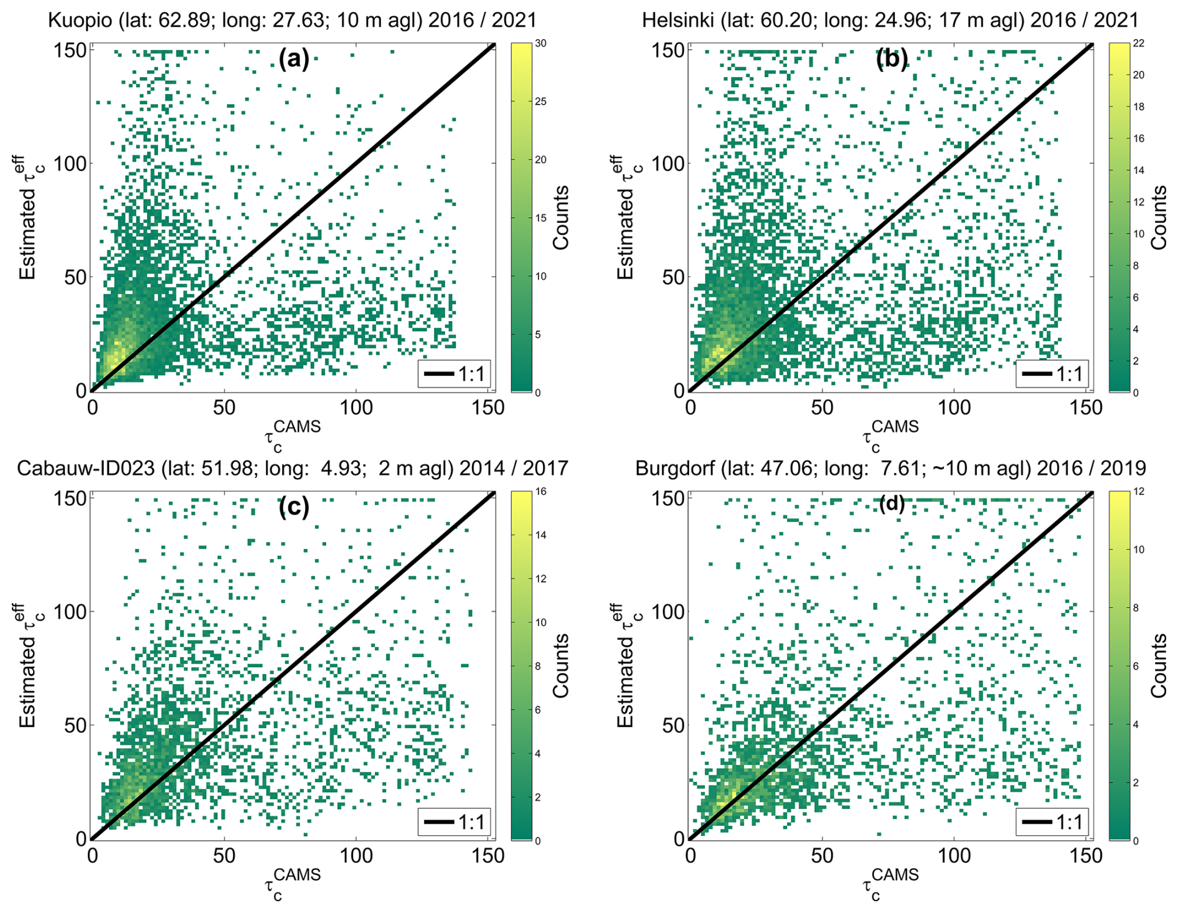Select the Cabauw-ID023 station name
click(x=85, y=468)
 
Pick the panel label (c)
click(x=294, y=507)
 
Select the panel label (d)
click(x=892, y=505)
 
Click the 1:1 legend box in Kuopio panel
click(x=453, y=374)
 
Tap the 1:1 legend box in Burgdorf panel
click(x=1052, y=822)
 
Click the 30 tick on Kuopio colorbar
click(x=540, y=44)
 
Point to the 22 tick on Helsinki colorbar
click(x=1139, y=44)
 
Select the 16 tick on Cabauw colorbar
click(x=540, y=492)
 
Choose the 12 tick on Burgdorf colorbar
click(x=1139, y=492)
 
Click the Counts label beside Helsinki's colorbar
click(x=1158, y=218)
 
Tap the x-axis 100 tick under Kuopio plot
click(x=356, y=408)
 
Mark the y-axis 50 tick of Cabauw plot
click(x=74, y=725)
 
